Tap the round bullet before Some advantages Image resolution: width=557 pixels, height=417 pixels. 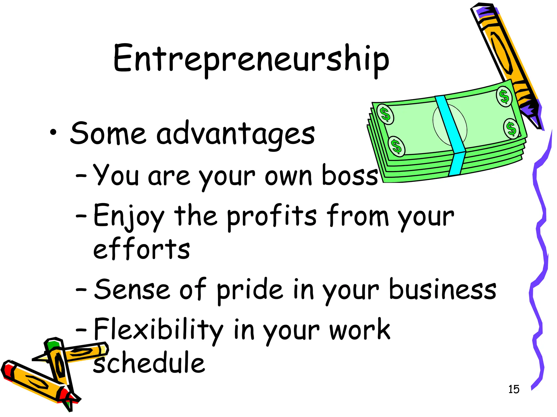coord(53,132)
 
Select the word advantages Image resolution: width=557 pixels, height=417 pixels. coord(236,135)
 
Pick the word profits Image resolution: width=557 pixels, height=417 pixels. coord(272,217)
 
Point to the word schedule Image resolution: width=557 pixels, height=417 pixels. coord(149,362)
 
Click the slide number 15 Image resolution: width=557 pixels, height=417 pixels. coord(514,389)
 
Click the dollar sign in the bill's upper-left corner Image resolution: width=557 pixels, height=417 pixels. coord(385,114)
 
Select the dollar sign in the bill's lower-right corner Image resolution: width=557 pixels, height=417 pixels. coord(511,129)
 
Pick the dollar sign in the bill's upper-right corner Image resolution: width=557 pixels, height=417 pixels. coord(505,97)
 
